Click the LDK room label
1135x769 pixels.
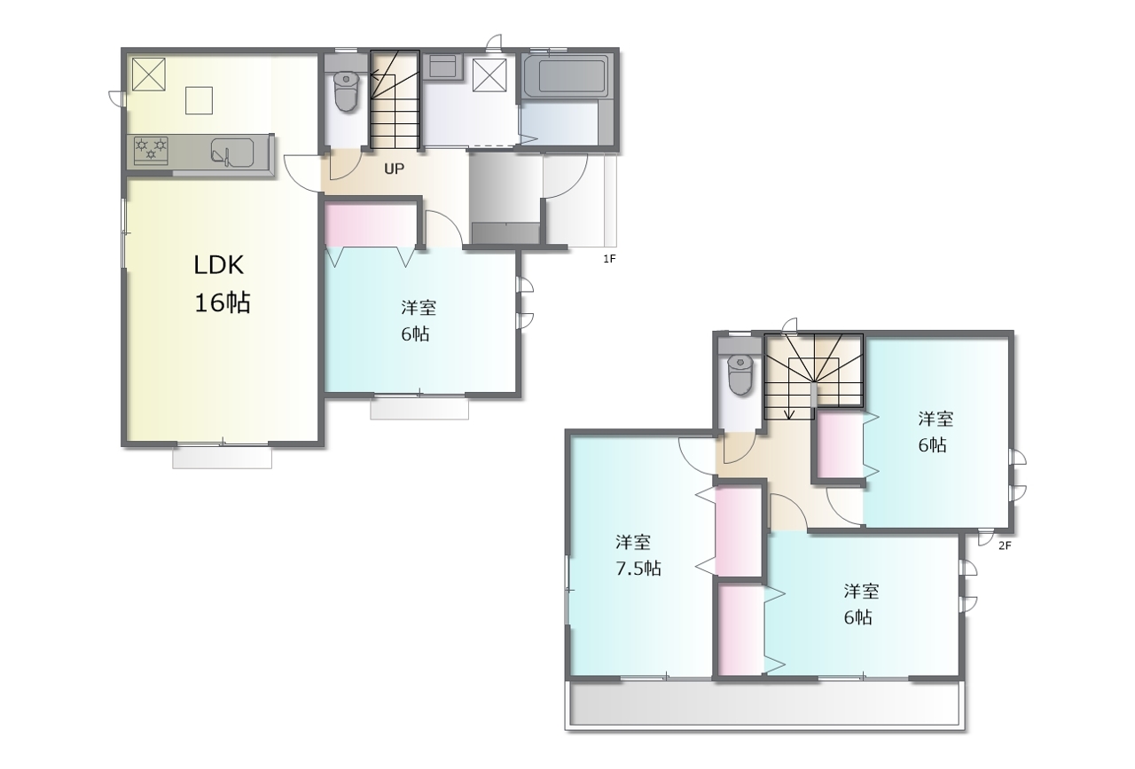[219, 265]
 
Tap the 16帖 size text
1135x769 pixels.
[223, 302]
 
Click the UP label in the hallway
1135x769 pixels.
[395, 169]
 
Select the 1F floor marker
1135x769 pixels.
[609, 259]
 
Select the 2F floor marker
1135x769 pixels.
[1005, 546]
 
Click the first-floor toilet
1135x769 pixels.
[346, 90]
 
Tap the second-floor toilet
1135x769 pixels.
[740, 374]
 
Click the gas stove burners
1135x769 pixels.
[151, 150]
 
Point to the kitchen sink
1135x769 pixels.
[232, 152]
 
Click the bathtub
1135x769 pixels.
[566, 76]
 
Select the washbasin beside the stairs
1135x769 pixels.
[442, 66]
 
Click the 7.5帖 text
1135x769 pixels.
[638, 569]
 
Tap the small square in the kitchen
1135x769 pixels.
[199, 100]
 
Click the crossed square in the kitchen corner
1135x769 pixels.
[148, 74]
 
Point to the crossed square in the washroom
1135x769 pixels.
[489, 75]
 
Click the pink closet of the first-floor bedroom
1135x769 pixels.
[371, 225]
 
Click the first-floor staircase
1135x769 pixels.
[395, 99]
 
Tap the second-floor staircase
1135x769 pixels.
[813, 376]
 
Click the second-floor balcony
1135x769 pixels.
[764, 704]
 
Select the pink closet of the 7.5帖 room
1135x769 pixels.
[739, 531]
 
